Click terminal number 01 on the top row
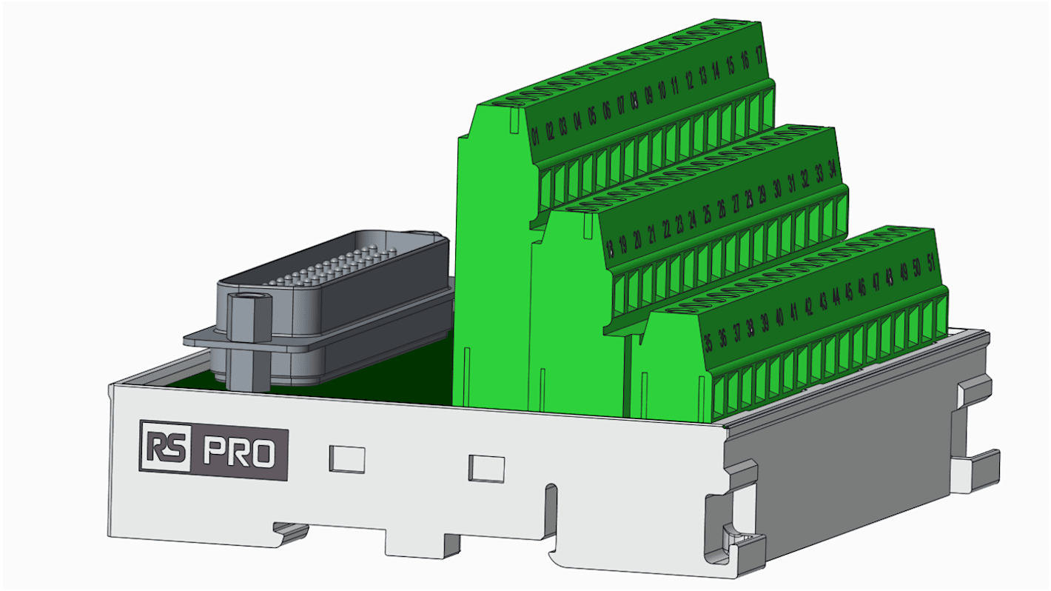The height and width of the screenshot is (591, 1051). pos(535,136)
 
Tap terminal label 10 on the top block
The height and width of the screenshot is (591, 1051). pos(662,90)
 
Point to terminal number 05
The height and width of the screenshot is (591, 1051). pos(592,116)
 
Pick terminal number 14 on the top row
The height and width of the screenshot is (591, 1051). pos(716,70)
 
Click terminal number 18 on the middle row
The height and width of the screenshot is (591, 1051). pos(610,247)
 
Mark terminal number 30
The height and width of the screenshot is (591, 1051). pos(777,189)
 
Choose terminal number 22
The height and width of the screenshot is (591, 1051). pos(667,228)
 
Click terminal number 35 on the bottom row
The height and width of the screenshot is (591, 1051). pos(708,342)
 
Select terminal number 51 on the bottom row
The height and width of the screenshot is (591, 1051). pos(931,263)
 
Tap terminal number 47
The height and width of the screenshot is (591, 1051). pos(876,282)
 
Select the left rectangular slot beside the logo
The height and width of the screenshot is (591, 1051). pos(346,459)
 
